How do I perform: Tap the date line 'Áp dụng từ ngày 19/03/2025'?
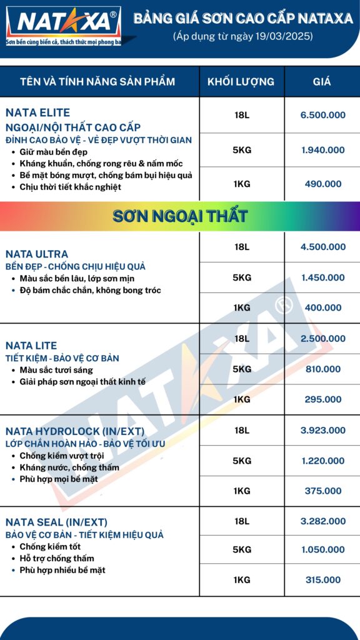click(x=243, y=37)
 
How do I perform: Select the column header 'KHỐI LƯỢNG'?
click(x=241, y=82)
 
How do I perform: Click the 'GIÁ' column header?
click(x=322, y=82)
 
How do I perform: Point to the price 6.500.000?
click(x=322, y=115)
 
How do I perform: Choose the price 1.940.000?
click(x=322, y=150)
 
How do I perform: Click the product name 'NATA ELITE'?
click(x=37, y=113)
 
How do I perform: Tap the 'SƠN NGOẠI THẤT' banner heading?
click(x=180, y=217)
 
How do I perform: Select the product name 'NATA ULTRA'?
click(x=37, y=254)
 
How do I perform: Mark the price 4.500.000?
click(x=322, y=247)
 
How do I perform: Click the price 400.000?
click(x=322, y=307)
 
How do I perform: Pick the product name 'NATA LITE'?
click(x=31, y=346)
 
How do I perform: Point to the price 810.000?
click(x=322, y=369)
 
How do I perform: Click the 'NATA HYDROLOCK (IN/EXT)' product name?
click(x=75, y=431)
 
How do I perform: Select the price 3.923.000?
click(x=322, y=430)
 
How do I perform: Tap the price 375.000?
click(x=322, y=491)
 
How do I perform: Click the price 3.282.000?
click(x=322, y=521)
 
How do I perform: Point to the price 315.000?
click(x=322, y=580)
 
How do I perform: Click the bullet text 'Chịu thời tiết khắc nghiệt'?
click(x=70, y=187)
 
